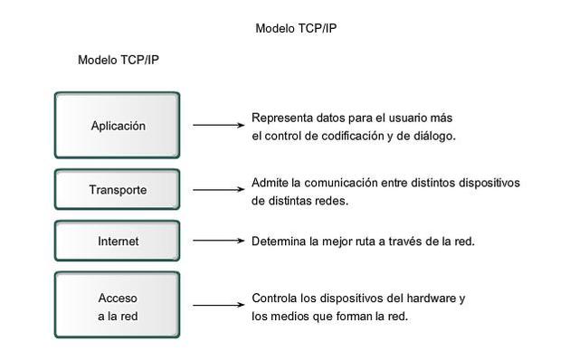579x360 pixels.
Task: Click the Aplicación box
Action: coord(118,126)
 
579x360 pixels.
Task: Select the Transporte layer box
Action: coord(118,190)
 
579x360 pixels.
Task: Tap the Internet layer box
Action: coord(118,242)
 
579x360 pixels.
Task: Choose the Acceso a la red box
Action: coord(118,306)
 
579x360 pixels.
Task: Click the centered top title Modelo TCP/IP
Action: coord(297,28)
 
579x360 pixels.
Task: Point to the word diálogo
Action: coord(433,137)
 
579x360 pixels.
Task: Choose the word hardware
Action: coord(434,298)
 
